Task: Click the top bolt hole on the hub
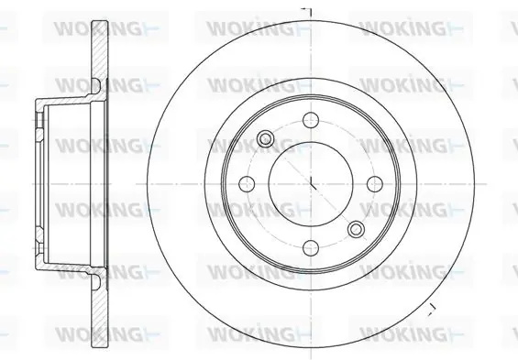click(311, 120)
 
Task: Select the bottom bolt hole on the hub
click(311, 248)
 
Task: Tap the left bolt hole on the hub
click(247, 184)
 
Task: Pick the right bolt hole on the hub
click(375, 184)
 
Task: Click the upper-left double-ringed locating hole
click(265, 138)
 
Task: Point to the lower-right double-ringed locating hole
click(357, 229)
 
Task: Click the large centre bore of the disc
click(311, 184)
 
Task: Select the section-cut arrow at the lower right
click(432, 308)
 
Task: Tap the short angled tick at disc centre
click(313, 183)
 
